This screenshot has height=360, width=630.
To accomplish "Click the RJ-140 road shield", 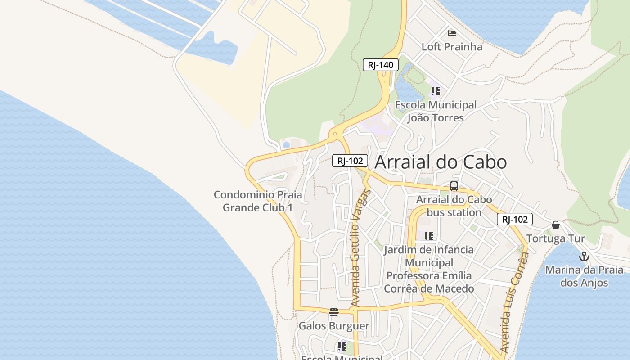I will [380, 65].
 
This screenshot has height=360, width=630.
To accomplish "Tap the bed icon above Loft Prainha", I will [452, 33].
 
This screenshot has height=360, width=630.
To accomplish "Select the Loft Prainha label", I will [452, 47].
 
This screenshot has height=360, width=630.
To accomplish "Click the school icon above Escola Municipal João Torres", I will [435, 92].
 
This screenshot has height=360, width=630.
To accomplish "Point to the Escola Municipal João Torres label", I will [436, 111].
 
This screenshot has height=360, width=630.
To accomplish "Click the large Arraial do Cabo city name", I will [441, 162].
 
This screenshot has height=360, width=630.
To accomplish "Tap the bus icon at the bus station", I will [454, 186].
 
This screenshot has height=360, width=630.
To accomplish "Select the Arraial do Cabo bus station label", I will [454, 206].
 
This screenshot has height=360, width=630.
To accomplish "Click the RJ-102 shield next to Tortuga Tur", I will [514, 220].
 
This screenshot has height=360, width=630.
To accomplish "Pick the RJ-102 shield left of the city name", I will [350, 161].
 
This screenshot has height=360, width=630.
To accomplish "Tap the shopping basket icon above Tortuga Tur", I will [556, 225].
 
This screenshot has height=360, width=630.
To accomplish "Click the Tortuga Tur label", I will [556, 238].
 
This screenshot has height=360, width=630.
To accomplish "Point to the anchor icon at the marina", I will [584, 257].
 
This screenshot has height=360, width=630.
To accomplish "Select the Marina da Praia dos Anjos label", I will [584, 276].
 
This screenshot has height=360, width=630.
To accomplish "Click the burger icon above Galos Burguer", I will [334, 312].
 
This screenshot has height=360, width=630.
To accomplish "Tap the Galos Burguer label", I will [334, 326].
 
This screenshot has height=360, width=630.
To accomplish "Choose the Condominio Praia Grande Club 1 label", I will [258, 201].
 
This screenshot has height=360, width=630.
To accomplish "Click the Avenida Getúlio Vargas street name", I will [361, 248].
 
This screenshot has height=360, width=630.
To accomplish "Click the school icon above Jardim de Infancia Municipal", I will [429, 236].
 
